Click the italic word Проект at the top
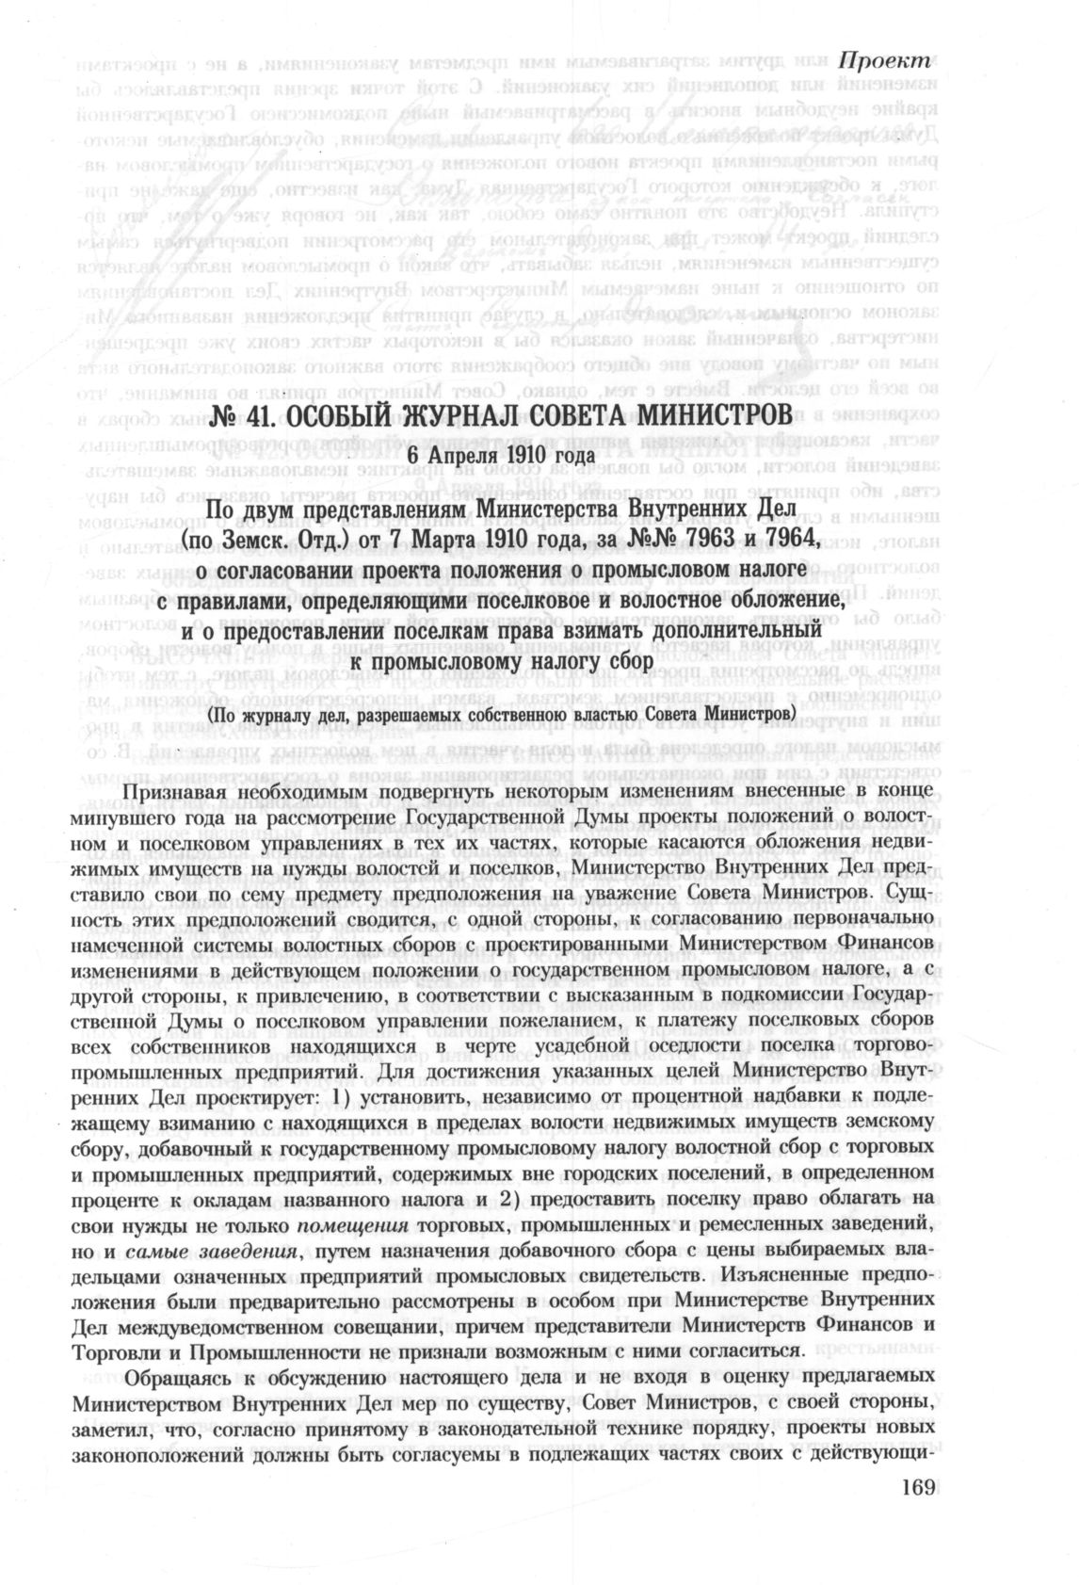click(x=884, y=57)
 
